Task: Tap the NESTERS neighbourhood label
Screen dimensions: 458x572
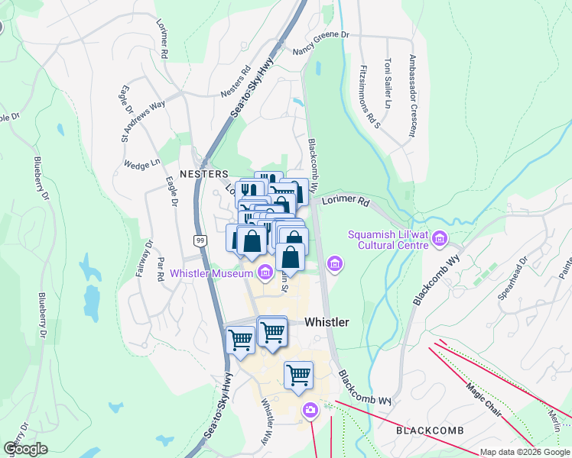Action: click(204, 174)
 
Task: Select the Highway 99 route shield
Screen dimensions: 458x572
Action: click(200, 240)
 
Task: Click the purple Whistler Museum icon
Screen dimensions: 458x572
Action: click(265, 272)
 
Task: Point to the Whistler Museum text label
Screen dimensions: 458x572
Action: click(211, 273)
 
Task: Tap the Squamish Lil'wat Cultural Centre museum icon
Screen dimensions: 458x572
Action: click(439, 240)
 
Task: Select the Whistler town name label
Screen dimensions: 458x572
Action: click(327, 322)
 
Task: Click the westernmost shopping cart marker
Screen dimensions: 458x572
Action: click(241, 339)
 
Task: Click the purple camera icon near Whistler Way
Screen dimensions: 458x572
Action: click(310, 410)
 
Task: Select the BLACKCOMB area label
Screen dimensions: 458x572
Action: click(430, 431)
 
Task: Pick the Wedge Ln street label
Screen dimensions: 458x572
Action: click(142, 163)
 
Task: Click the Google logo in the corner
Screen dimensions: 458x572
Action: click(25, 449)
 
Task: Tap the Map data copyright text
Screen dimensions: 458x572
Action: click(525, 453)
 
